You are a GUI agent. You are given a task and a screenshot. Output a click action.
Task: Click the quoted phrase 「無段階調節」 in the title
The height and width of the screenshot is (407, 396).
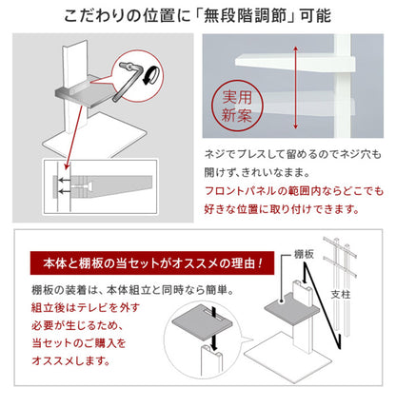coord(263,17)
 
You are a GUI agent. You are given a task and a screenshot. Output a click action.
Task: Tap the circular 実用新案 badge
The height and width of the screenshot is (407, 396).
coord(233,108)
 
